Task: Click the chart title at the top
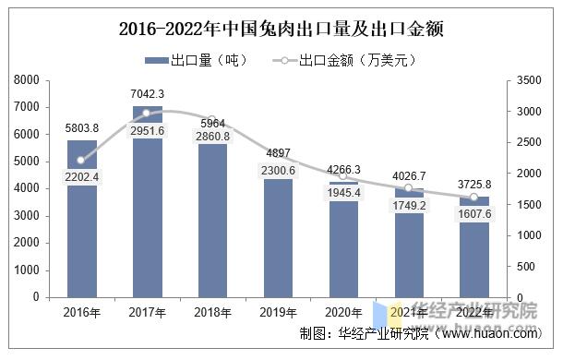(x=281, y=28)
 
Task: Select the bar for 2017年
(x=148, y=212)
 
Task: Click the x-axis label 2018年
(x=213, y=312)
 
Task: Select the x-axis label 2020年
(x=344, y=312)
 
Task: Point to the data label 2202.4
(x=82, y=177)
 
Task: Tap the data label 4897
(x=279, y=153)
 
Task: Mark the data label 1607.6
(x=474, y=214)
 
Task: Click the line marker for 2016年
(x=82, y=160)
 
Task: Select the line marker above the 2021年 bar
(x=409, y=188)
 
